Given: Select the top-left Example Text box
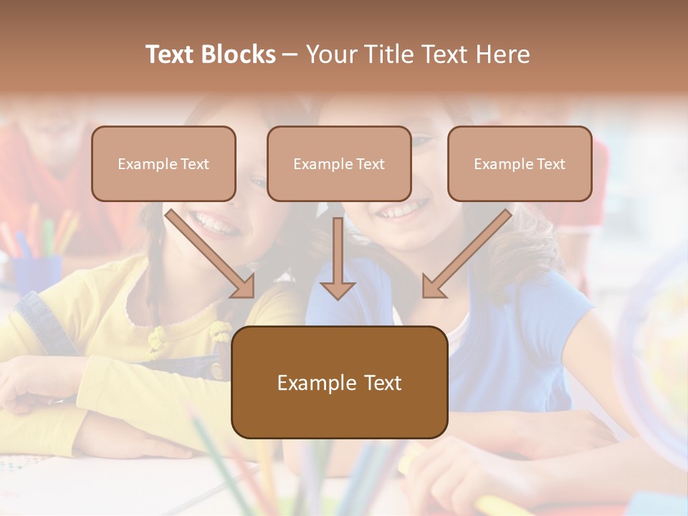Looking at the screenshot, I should point(163,163).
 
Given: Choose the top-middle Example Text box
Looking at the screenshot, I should point(339,163).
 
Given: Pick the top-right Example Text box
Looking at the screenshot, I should point(520,163).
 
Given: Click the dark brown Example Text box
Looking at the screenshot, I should point(339,382).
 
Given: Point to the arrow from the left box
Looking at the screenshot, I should point(211,254).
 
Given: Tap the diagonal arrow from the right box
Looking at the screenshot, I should point(466,254).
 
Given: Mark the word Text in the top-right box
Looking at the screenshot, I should point(551,164).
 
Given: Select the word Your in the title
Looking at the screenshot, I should point(331,54).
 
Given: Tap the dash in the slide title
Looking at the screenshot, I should point(290,55).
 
